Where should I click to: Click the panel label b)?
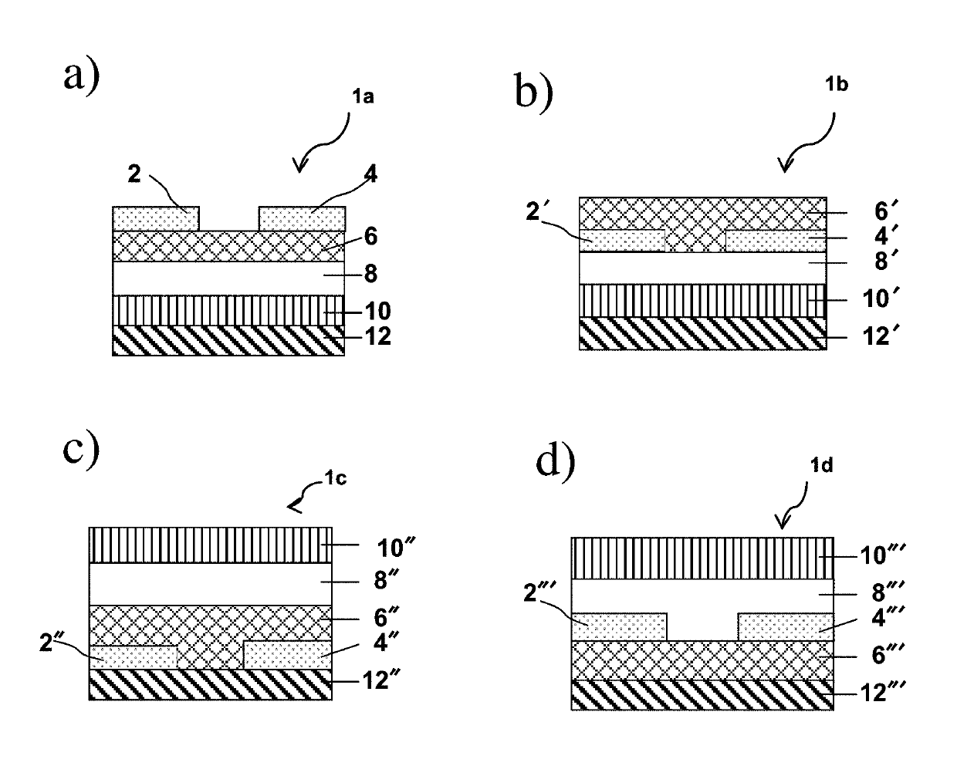click(534, 92)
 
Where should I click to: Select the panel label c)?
click(81, 450)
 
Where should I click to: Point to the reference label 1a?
click(363, 96)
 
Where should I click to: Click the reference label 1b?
click(837, 84)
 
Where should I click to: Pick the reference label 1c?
click(335, 478)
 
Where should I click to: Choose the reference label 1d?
click(821, 466)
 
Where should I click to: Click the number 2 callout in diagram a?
click(134, 174)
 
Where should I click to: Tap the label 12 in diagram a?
click(377, 336)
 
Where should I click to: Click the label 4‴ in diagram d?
click(887, 617)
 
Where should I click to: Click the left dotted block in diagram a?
click(155, 219)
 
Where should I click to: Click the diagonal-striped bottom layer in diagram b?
click(702, 333)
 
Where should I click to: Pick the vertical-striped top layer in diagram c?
click(210, 545)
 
